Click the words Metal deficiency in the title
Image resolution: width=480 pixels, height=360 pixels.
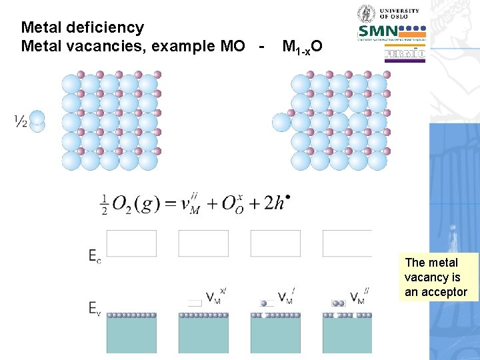click(x=82, y=27)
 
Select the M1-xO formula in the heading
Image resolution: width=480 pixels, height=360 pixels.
click(x=303, y=47)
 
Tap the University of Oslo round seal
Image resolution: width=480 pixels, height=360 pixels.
click(x=367, y=14)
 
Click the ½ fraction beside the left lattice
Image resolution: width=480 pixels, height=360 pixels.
click(x=21, y=121)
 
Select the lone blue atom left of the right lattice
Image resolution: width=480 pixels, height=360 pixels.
click(x=282, y=123)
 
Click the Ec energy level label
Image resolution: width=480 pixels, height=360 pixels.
click(x=95, y=255)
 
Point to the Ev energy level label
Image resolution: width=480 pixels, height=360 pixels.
click(x=95, y=307)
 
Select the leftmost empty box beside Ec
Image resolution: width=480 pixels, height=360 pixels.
click(x=131, y=243)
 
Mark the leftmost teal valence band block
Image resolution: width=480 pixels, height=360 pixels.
click(x=131, y=335)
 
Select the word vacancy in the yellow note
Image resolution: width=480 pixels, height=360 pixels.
click(x=427, y=277)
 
